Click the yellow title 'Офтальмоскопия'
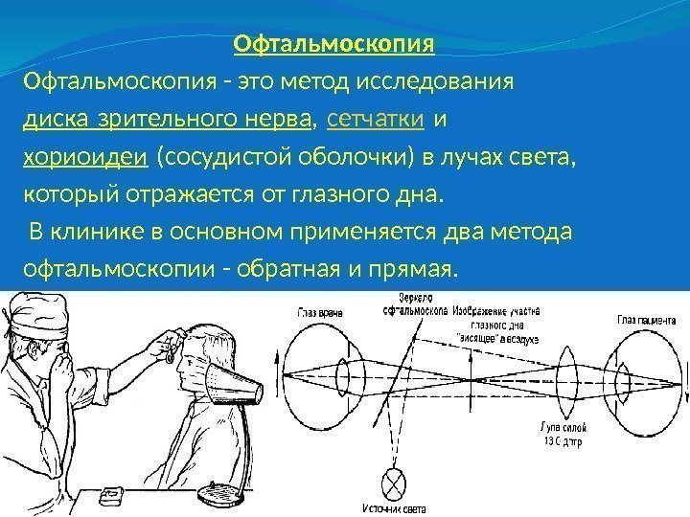pyautogui.click(x=334, y=45)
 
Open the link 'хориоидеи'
pyautogui.click(x=84, y=157)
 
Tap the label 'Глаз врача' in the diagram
pyautogui.click(x=319, y=311)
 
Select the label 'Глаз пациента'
pyautogui.click(x=648, y=320)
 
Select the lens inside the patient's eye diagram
pyautogui.click(x=624, y=368)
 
